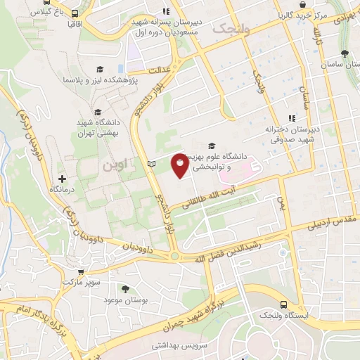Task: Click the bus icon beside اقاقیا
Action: pos(75,12)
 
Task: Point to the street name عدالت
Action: pos(160,70)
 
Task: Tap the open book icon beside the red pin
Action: pos(151,164)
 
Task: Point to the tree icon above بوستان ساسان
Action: pos(344,53)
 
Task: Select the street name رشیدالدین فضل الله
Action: pos(229,250)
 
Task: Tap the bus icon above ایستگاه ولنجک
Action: pos(283,304)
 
